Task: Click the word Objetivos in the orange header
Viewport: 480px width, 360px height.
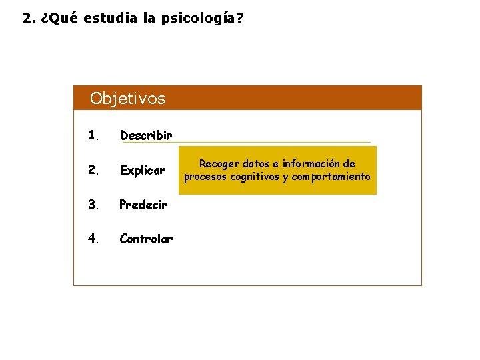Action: pos(127,99)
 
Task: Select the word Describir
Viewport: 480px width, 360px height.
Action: pos(146,135)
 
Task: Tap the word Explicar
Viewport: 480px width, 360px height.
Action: pos(142,170)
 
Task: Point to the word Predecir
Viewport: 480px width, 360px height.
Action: pos(143,205)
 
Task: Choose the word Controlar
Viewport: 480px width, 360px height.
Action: pos(146,239)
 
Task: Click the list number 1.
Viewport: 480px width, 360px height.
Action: pos(93,135)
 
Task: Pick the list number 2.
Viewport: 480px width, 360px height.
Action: pos(93,170)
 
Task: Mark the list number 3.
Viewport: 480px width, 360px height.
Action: pos(93,205)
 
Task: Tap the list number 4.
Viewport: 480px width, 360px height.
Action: pos(93,239)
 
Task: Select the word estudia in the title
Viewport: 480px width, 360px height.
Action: pos(111,18)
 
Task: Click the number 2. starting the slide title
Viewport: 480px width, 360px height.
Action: pos(29,18)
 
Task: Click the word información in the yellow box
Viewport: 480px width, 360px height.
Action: pos(312,164)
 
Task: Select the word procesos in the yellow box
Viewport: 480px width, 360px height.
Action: pos(205,177)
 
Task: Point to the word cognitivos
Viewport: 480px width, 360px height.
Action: pos(253,177)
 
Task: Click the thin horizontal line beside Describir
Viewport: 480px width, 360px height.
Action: pos(273,141)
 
